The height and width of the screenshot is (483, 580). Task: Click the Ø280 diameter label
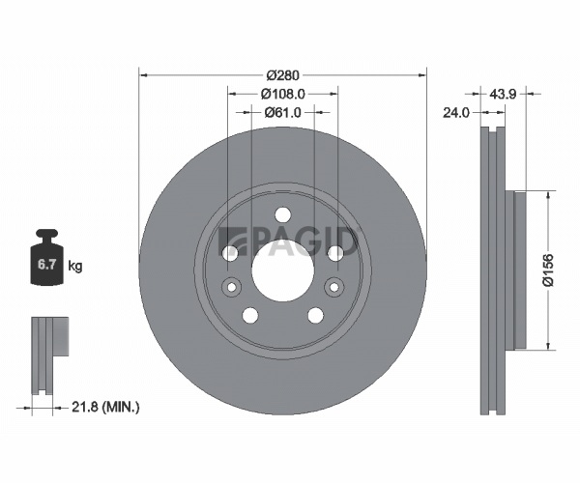coord(282,75)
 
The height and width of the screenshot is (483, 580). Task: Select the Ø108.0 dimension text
coord(283,95)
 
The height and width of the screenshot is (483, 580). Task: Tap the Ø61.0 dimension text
coord(283,112)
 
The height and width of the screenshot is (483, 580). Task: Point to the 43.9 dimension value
coord(503,94)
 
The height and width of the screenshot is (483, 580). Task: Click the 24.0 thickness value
coord(456,112)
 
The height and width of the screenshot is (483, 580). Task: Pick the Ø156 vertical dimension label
coord(548,270)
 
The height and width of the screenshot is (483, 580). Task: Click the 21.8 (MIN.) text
coord(105,408)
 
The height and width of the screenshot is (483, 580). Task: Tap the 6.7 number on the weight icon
coord(47,265)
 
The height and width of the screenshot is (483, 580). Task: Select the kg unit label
coord(75,266)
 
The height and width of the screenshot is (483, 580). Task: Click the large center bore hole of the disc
coord(283,270)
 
